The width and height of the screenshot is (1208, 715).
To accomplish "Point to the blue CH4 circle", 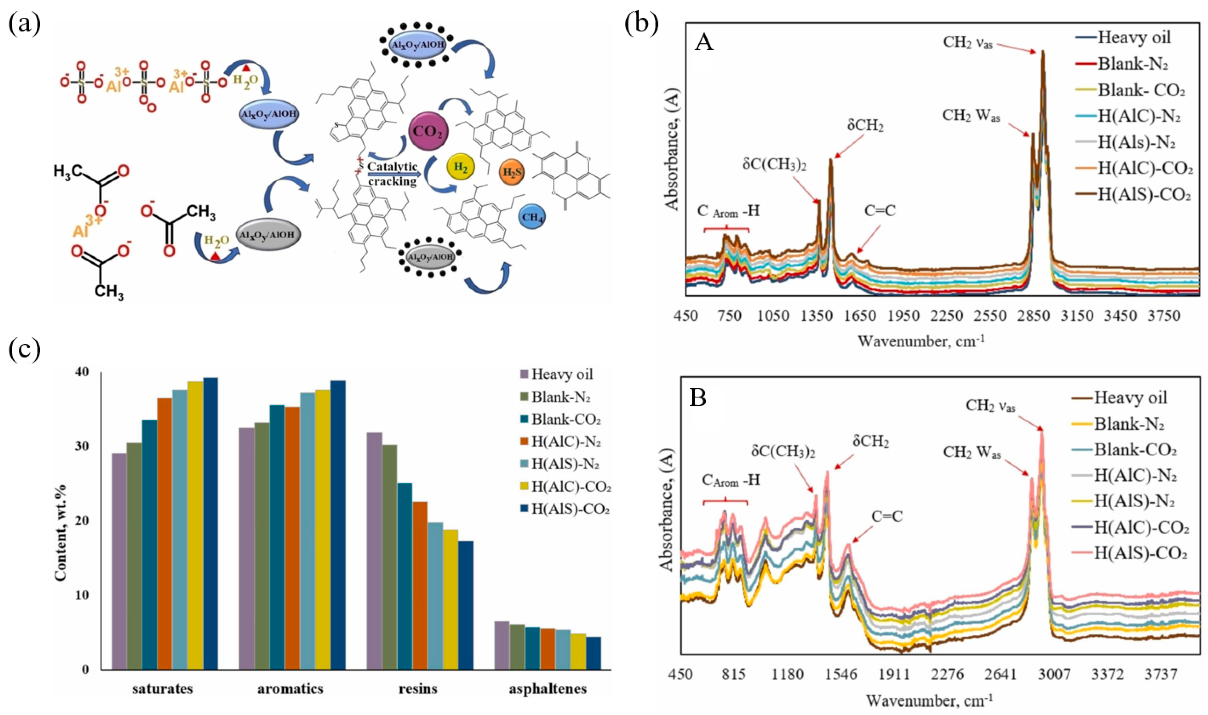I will pyautogui.click(x=533, y=217).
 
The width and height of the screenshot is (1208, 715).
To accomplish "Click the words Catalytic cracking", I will pyautogui.click(x=392, y=174).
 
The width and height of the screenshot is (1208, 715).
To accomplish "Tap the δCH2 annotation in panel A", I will pyautogui.click(x=865, y=126).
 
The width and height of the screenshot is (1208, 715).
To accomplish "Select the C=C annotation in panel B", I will pyautogui.click(x=887, y=516).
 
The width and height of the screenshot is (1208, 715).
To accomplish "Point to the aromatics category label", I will pyautogui.click(x=290, y=689).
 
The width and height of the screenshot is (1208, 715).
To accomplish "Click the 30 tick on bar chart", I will pyautogui.click(x=83, y=447).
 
